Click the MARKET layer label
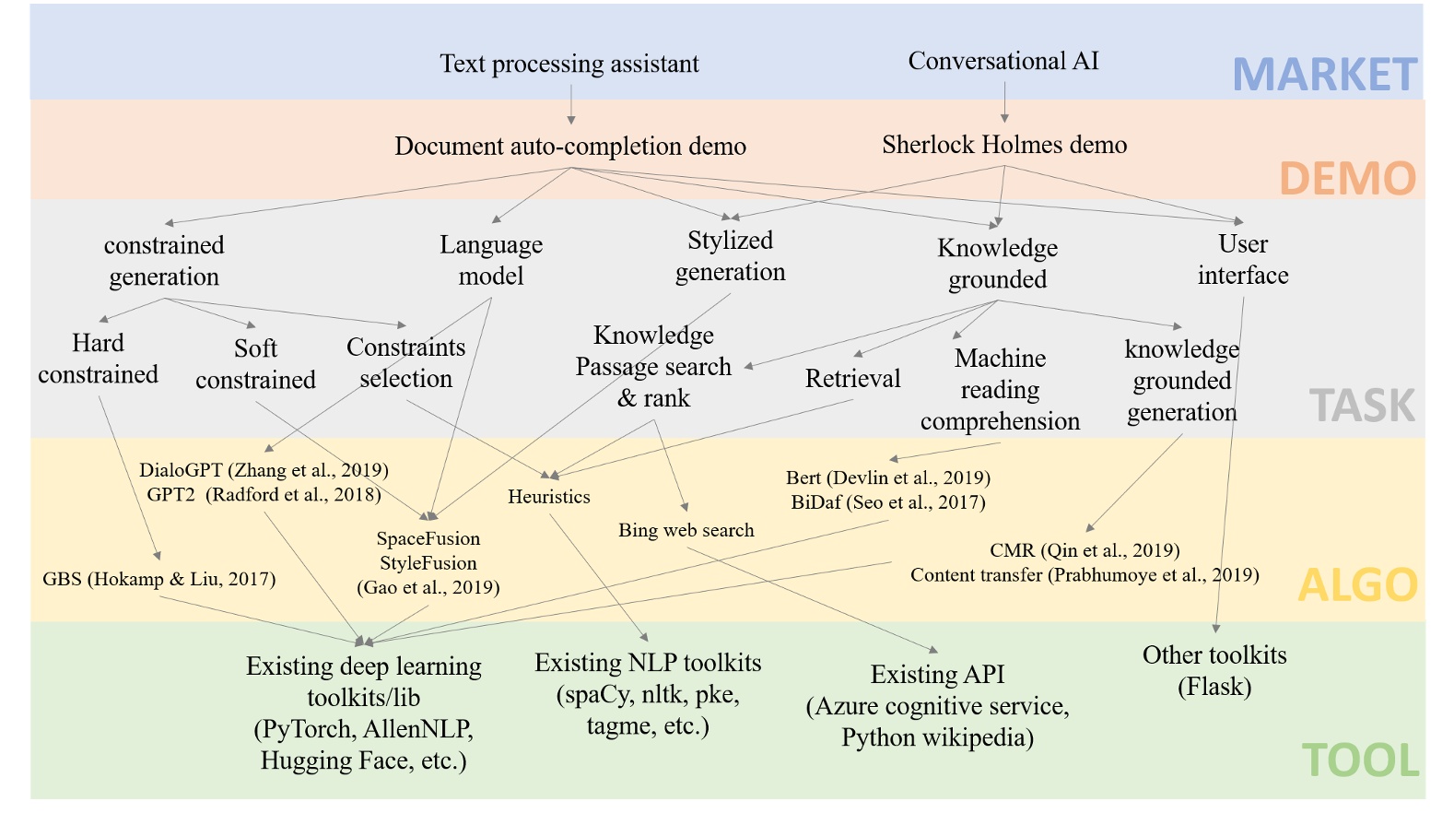(x=1324, y=75)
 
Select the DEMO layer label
(x=1347, y=178)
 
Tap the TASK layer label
(x=1362, y=406)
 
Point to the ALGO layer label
(x=1357, y=584)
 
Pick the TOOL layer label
(x=1360, y=760)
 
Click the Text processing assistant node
(x=569, y=64)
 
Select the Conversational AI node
(x=1003, y=61)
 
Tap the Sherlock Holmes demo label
(x=1004, y=145)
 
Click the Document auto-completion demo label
(x=570, y=147)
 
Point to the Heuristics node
(x=549, y=497)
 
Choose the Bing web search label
(x=686, y=530)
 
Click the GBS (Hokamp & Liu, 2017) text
(x=159, y=579)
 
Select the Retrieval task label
(x=852, y=379)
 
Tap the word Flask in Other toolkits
(x=1214, y=687)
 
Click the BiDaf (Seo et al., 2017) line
(x=887, y=502)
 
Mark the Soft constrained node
(x=255, y=364)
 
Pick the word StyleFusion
(x=428, y=563)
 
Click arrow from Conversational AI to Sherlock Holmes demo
(x=1004, y=102)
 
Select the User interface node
(x=1243, y=260)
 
